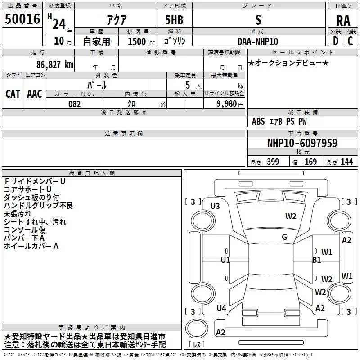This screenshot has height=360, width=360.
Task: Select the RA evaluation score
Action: (343, 20)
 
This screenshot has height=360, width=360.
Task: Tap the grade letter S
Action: (258, 20)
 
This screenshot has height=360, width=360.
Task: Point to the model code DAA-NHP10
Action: (258, 41)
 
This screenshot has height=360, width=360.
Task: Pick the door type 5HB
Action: (175, 20)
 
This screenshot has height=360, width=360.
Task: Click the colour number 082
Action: (74, 104)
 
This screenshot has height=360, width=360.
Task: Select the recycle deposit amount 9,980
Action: (226, 104)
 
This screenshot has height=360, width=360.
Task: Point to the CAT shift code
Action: (13, 94)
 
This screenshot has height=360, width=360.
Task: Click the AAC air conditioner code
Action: (35, 94)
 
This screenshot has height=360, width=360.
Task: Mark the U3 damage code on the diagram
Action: (215, 206)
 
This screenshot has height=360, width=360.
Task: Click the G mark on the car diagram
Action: (284, 237)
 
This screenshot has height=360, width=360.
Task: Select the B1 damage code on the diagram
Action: (317, 260)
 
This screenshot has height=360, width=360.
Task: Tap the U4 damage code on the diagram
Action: (221, 308)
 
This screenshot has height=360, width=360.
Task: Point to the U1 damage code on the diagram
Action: (225, 260)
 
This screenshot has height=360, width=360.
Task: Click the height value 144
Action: (346, 162)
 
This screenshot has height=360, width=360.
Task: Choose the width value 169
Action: (310, 162)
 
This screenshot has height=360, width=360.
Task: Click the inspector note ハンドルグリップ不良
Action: (38, 206)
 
